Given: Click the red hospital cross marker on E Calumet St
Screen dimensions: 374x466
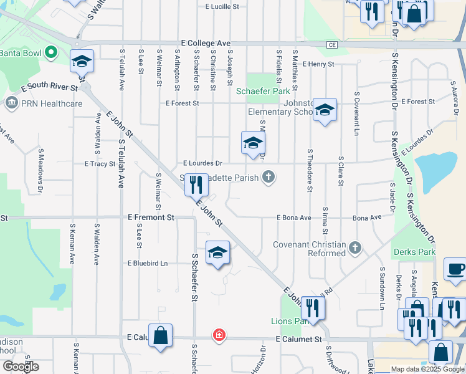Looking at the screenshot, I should [x=219, y=335].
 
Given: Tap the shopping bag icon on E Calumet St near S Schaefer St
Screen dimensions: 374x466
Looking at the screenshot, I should [x=161, y=335].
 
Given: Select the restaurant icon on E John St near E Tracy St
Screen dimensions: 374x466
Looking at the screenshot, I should [x=197, y=185].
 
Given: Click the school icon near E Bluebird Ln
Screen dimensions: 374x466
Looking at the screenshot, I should [x=217, y=253].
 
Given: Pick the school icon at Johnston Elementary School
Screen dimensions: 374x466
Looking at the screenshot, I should [x=325, y=110].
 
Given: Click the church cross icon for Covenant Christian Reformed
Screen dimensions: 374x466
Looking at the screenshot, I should [x=355, y=248].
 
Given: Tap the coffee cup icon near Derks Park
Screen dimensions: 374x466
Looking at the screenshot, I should [x=456, y=269].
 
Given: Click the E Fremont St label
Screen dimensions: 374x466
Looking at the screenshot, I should [x=151, y=218].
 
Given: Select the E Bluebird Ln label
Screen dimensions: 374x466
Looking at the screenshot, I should [x=148, y=264].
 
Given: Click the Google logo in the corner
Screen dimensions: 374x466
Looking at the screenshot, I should [x=21, y=367].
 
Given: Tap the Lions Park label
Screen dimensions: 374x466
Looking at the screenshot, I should [x=290, y=322].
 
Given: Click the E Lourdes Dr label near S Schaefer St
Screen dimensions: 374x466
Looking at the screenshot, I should [x=202, y=163].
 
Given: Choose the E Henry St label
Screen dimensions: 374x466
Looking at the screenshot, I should [x=318, y=64].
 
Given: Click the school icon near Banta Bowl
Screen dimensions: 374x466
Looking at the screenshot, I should [x=82, y=61].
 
